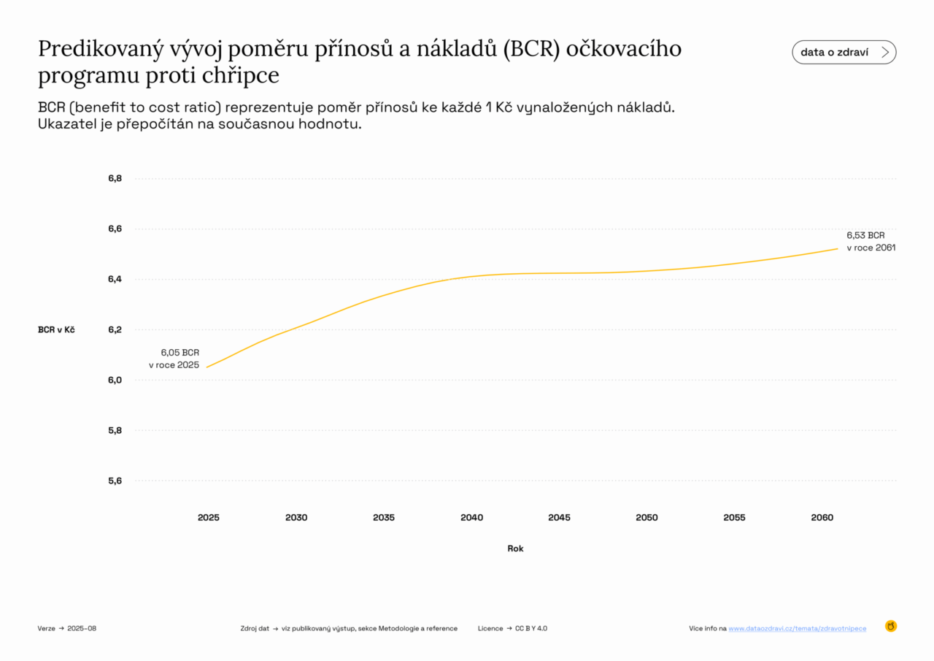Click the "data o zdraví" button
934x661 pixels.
[844, 52]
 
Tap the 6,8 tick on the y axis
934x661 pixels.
[115, 178]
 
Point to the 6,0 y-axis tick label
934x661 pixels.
[115, 380]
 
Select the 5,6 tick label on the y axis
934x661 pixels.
[115, 481]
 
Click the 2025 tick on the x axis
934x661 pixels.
[209, 517]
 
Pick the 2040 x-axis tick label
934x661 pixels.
[471, 517]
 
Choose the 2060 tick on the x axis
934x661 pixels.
[822, 517]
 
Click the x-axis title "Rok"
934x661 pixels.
[515, 549]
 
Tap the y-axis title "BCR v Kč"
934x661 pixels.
[56, 329]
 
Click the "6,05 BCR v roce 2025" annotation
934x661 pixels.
[174, 359]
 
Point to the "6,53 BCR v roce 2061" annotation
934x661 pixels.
[871, 241]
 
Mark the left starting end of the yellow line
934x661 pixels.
[207, 367]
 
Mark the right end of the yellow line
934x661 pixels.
[838, 248]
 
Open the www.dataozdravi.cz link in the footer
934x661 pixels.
[797, 628]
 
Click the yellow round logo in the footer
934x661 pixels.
[890, 626]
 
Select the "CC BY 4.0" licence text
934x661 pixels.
[530, 628]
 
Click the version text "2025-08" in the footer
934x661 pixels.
[82, 628]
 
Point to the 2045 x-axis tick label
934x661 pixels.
[559, 517]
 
